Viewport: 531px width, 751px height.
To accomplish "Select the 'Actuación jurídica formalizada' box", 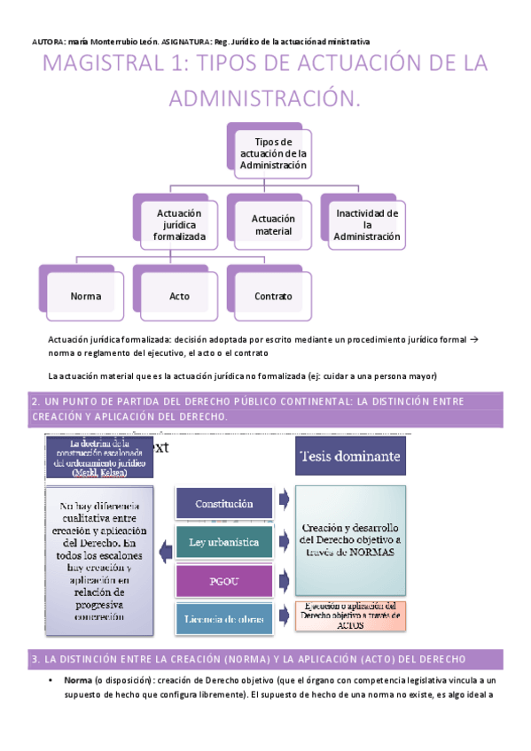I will pos(179,225).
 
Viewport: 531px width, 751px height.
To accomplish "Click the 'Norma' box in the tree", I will pos(85,296).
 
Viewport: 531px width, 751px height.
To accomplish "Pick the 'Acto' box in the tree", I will pos(179,296).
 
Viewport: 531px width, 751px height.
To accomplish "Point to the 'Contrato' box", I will pos(272,296).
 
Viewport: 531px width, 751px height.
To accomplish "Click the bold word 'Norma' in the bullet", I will pos(78,679).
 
